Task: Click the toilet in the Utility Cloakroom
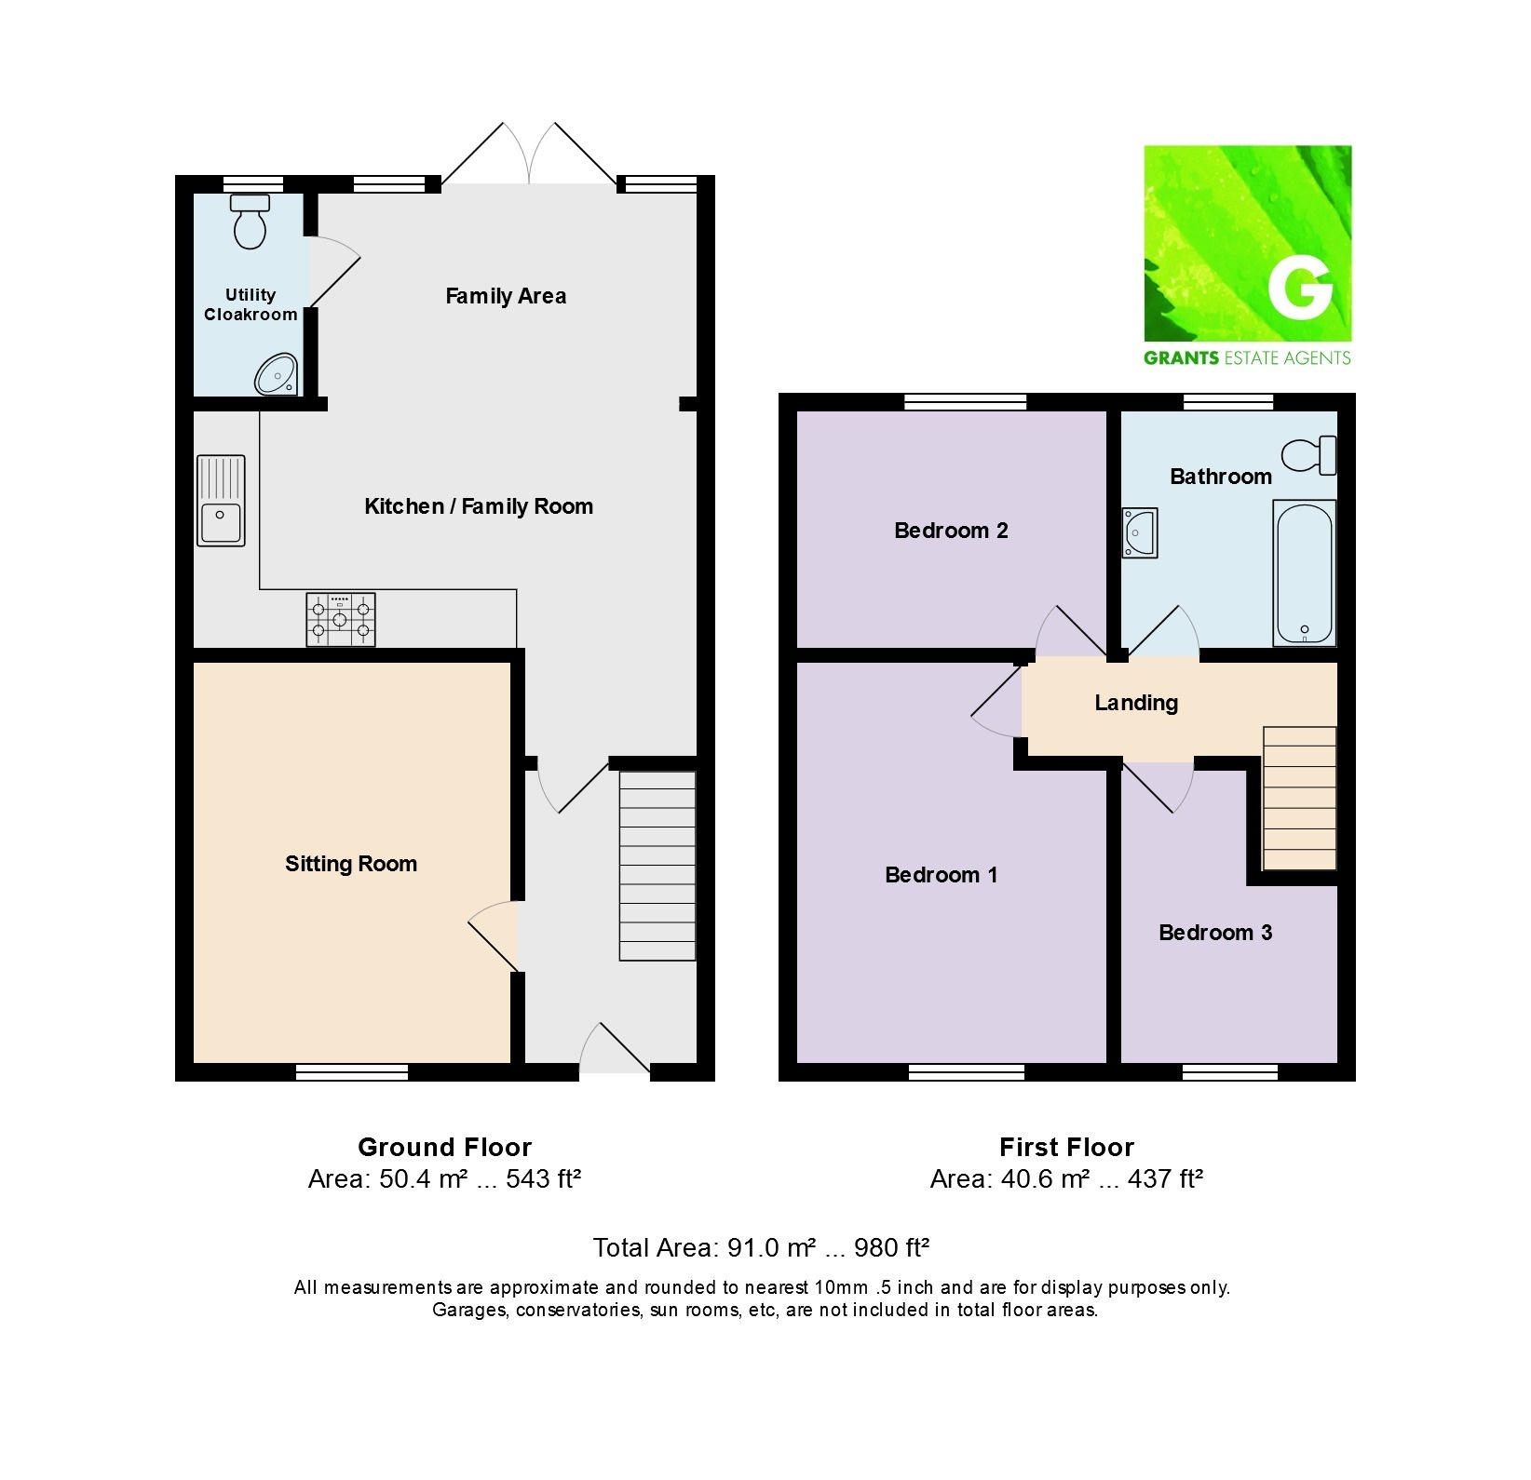tap(250, 222)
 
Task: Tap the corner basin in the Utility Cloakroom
tap(277, 374)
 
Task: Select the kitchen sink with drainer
tap(221, 500)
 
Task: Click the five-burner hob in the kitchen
tap(341, 620)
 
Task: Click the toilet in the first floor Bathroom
tap(1309, 455)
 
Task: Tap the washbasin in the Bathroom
tap(1139, 532)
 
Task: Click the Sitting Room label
tap(351, 864)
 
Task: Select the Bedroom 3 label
tap(1215, 933)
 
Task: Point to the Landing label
tap(1136, 703)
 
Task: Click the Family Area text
tap(506, 296)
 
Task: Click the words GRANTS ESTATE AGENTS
tap(1247, 357)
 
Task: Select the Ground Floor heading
tap(445, 1147)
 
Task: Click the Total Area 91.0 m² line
tap(762, 1247)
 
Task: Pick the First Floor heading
tap(1067, 1147)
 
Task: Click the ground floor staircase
tap(657, 866)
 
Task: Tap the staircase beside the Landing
tap(1299, 799)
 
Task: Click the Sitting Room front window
tap(352, 1072)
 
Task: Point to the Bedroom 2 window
tap(966, 402)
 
